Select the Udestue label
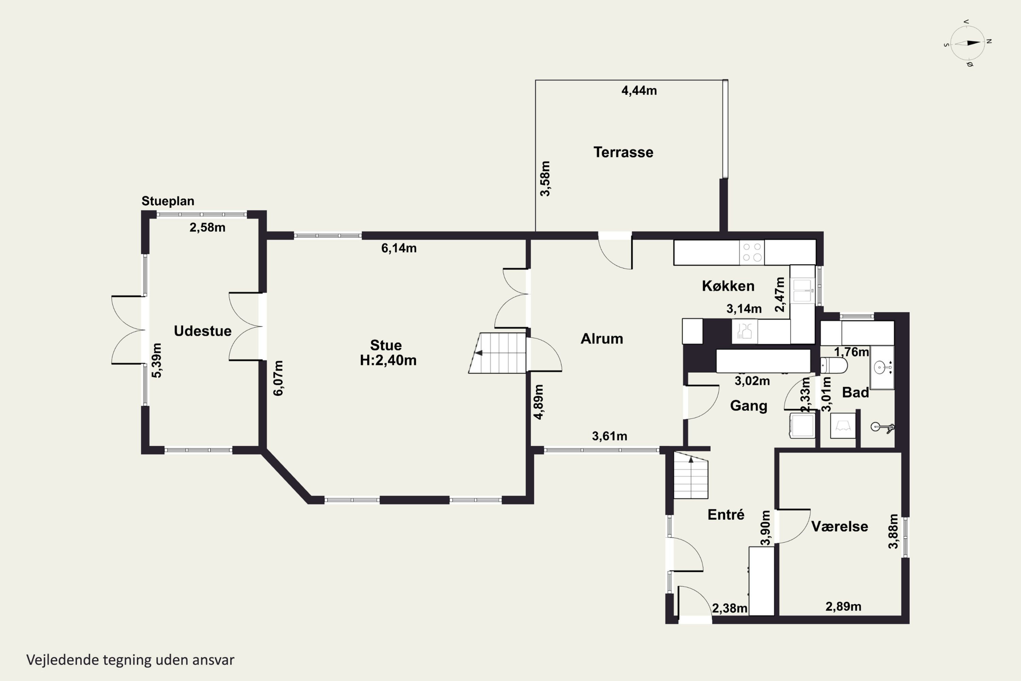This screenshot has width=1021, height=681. pyautogui.click(x=203, y=331)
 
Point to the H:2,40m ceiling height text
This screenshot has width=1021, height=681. pyautogui.click(x=388, y=360)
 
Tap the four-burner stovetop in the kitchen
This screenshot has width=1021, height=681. pyautogui.click(x=752, y=252)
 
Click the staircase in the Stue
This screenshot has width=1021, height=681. pyautogui.click(x=498, y=353)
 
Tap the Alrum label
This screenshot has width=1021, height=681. pyautogui.click(x=602, y=339)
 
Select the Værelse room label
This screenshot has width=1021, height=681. pyautogui.click(x=840, y=526)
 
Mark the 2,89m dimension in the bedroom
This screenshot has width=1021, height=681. pyautogui.click(x=843, y=607)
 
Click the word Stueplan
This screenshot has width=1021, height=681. pyautogui.click(x=168, y=201)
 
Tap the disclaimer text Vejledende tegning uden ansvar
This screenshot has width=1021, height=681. pyautogui.click(x=130, y=660)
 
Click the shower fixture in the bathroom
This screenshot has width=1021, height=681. pyautogui.click(x=882, y=427)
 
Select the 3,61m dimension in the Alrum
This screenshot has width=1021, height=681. pyautogui.click(x=610, y=436)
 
